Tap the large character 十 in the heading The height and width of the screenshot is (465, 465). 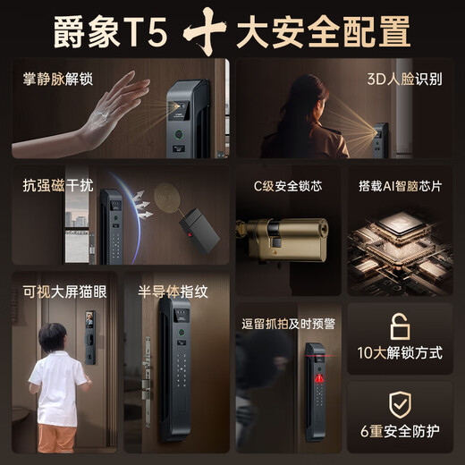point(205,31)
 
